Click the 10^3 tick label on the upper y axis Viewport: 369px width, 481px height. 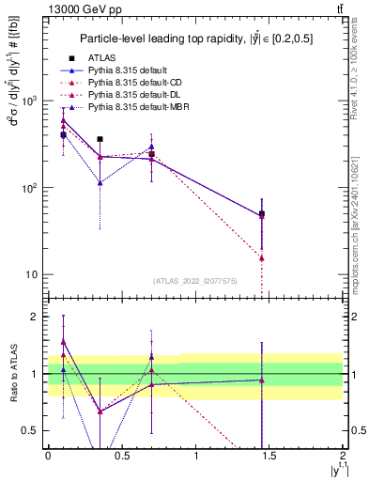(x=28, y=101)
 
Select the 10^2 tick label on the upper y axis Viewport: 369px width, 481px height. (x=28, y=188)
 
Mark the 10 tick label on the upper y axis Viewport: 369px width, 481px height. (x=31, y=274)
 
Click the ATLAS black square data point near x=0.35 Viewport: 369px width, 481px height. (x=100, y=139)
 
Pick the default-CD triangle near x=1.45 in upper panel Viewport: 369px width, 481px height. (x=262, y=257)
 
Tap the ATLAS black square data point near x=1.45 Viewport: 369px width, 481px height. (x=262, y=214)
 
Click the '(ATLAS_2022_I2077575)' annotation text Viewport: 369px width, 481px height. (x=195, y=280)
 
